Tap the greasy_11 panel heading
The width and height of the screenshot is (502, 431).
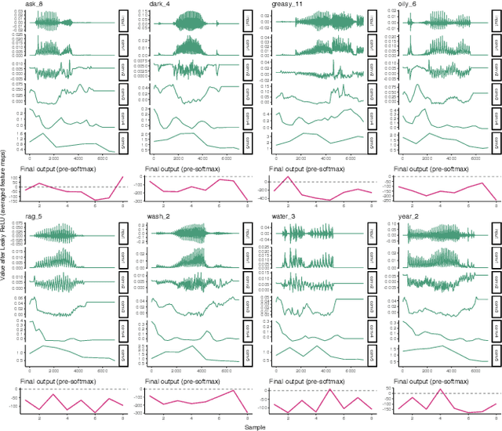286,5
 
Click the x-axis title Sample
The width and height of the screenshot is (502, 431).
253,426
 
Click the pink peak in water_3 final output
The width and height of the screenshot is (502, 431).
330,389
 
